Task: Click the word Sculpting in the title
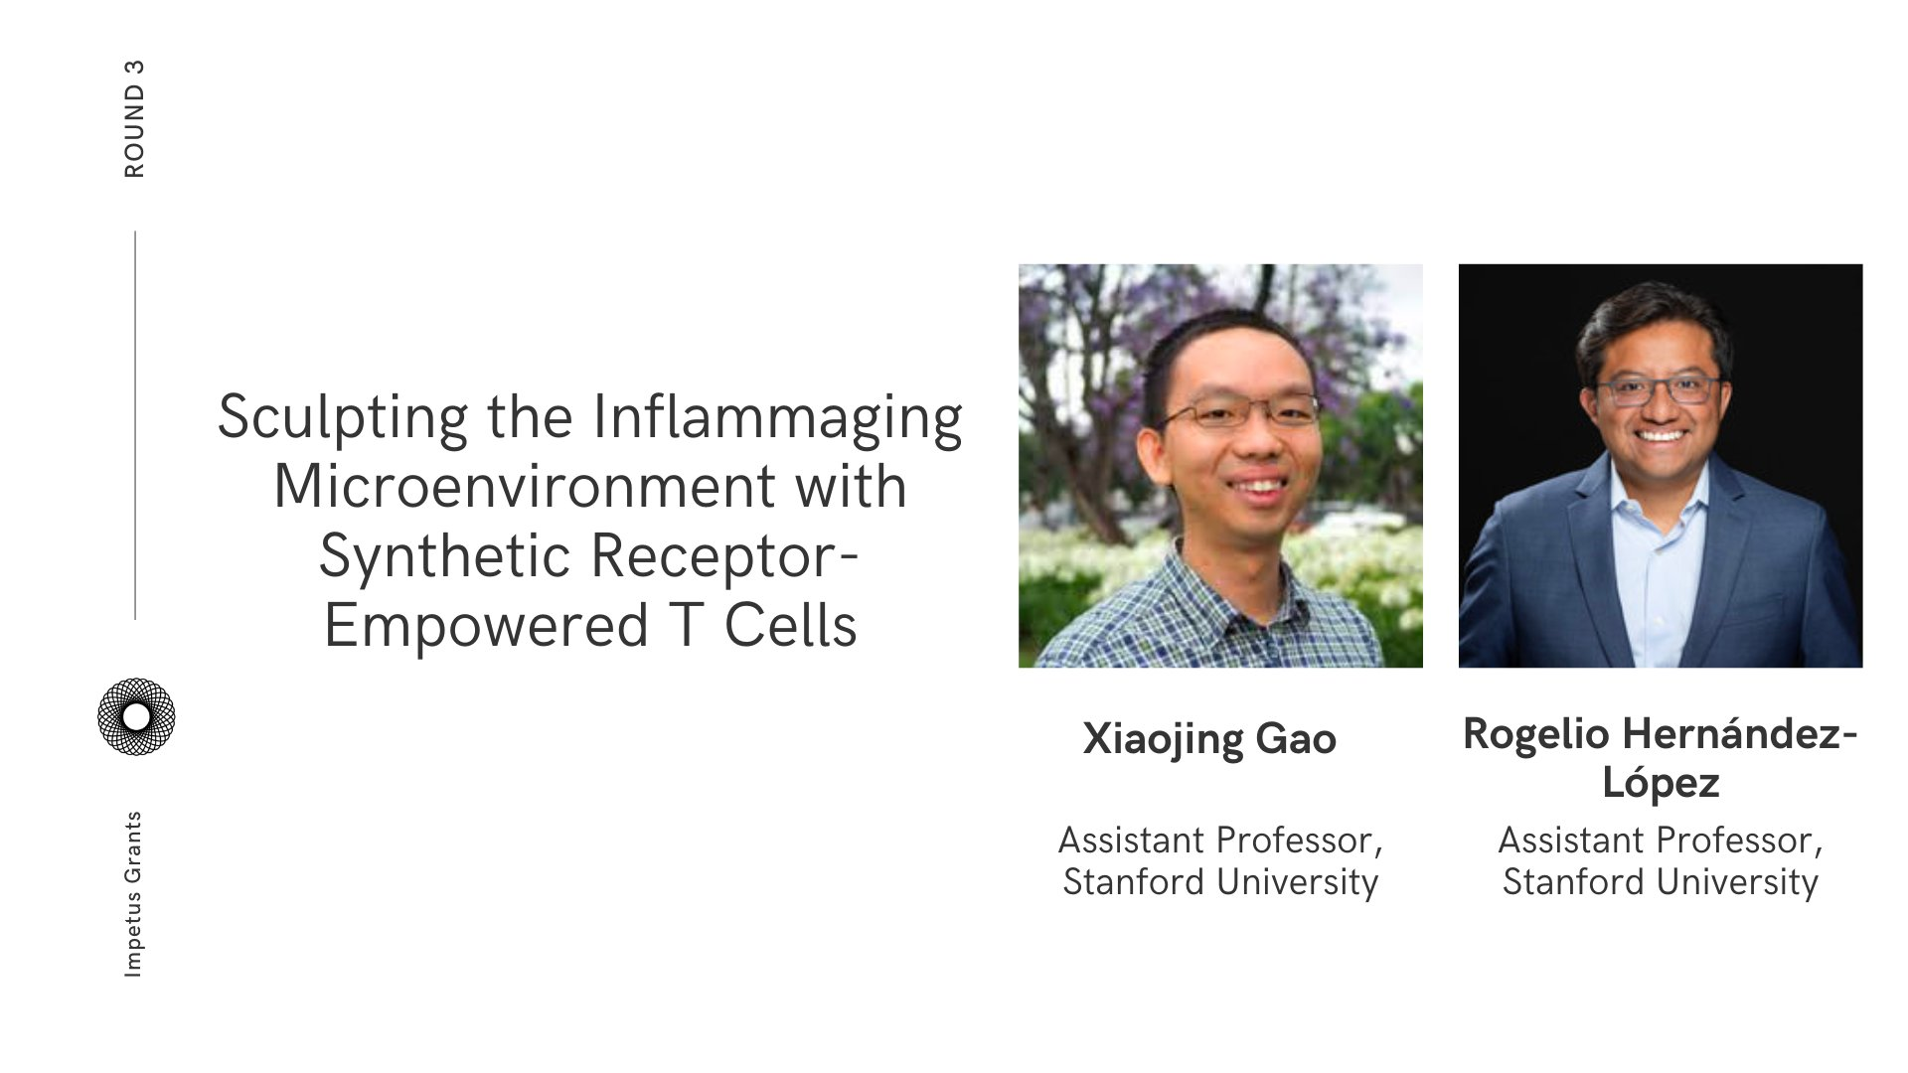click(342, 417)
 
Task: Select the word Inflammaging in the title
click(778, 417)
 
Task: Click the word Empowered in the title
click(486, 626)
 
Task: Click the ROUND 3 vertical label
click(134, 119)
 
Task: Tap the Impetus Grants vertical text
click(133, 894)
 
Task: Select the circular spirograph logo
click(136, 716)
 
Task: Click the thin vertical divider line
click(135, 425)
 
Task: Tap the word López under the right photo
click(1661, 783)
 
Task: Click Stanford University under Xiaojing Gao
click(1220, 882)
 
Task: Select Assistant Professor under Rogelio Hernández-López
click(1661, 841)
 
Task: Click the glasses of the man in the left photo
click(1237, 409)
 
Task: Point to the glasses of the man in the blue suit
click(1658, 388)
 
